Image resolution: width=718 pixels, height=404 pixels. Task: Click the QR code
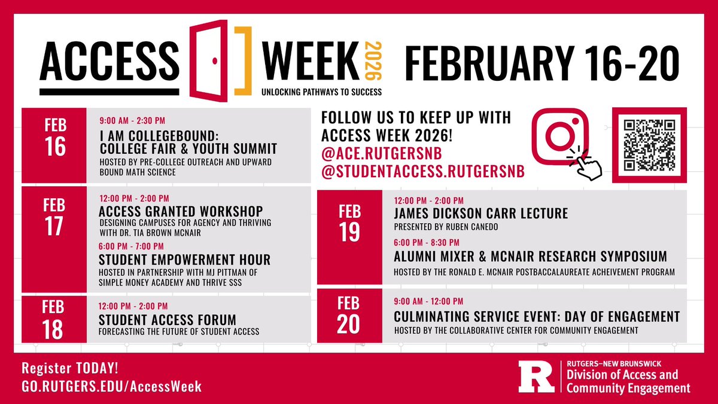point(649,144)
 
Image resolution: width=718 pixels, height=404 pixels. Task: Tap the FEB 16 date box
point(54,145)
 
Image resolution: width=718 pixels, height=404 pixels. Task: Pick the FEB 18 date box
point(54,319)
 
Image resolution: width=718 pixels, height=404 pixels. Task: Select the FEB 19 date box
point(349,237)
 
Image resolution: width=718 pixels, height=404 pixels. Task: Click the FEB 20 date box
point(349,316)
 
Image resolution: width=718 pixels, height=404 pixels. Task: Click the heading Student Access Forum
point(168,320)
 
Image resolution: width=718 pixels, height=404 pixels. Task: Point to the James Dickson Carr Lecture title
point(480,214)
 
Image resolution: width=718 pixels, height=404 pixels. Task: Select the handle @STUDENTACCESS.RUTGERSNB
point(423,172)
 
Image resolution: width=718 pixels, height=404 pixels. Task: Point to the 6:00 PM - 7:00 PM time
point(132,246)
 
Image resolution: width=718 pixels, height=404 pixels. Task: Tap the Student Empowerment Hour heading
point(184,260)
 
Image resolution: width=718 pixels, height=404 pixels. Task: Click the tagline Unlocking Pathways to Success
point(321,92)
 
